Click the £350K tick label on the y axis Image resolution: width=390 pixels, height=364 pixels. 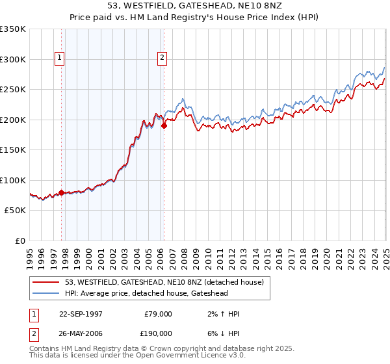click(x=13, y=29)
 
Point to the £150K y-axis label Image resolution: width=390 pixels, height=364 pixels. click(x=13, y=150)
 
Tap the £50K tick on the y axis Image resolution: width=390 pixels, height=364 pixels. click(x=15, y=211)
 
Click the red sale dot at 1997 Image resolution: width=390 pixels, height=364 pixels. click(x=62, y=192)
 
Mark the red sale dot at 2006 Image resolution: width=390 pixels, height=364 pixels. click(x=164, y=126)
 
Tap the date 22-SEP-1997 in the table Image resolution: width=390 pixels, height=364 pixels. click(x=81, y=314)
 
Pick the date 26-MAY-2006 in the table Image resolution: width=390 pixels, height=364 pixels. click(x=81, y=333)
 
